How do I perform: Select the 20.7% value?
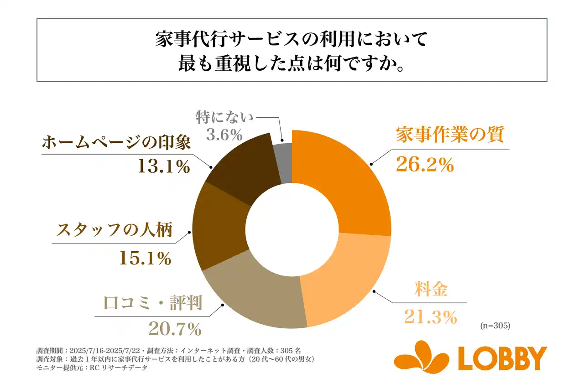click(x=175, y=328)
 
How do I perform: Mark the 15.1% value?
click(x=145, y=259)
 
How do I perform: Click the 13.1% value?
click(x=163, y=167)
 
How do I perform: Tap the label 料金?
click(x=430, y=290)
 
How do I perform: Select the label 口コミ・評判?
click(x=153, y=303)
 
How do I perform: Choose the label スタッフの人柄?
click(x=115, y=230)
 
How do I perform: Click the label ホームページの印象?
click(x=116, y=143)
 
